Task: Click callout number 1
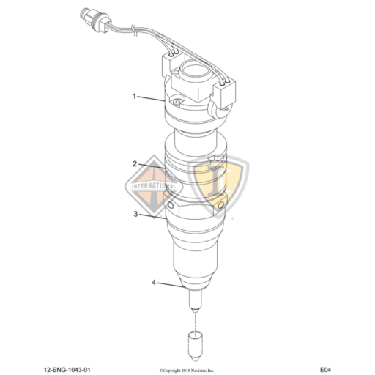coord(135,95)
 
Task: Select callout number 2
coord(135,164)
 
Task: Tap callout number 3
coord(135,215)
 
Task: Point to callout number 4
coord(154,282)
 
